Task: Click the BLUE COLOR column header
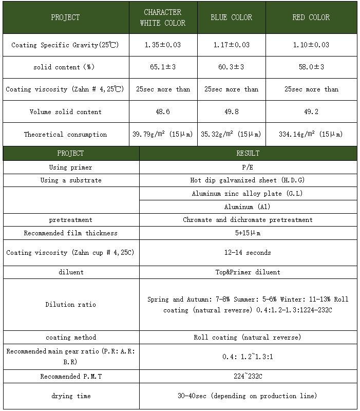[231, 17]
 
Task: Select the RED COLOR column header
[311, 17]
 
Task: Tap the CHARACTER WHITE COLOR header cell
[163, 17]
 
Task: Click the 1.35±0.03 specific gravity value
[162, 45]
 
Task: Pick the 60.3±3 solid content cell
[231, 67]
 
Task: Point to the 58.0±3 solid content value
[311, 67]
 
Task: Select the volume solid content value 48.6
[162, 111]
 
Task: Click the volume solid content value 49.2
[311, 111]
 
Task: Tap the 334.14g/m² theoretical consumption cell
[311, 134]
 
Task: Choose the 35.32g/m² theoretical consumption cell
[231, 134]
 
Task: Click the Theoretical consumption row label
[65, 134]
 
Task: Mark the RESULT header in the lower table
[248, 153]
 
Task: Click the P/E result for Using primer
[248, 167]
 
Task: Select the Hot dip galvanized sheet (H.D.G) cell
[248, 180]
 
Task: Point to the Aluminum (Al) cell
[248, 207]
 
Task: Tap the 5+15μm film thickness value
[248, 233]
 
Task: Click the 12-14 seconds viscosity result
[248, 252]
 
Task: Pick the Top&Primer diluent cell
[248, 272]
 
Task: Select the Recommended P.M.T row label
[71, 376]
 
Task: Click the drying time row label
[71, 396]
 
